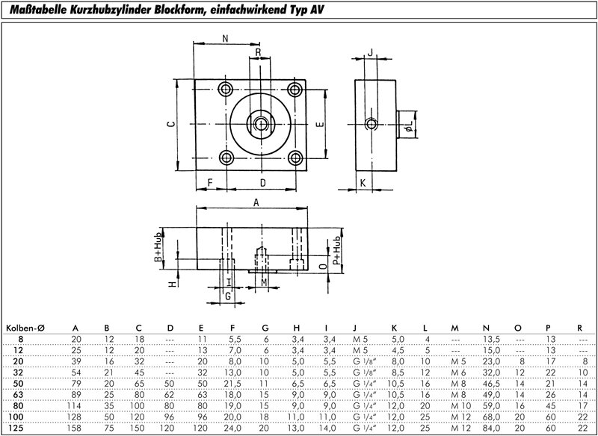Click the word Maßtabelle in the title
pos(37,9)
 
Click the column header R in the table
pos(580,327)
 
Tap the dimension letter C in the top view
pos(171,125)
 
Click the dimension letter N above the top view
pos(226,38)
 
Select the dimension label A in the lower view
pos(256,202)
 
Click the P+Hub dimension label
pos(337,252)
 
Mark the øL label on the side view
pos(407,132)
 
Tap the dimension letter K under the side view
pos(361,182)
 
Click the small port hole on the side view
pos(369,123)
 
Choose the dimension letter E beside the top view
pos(318,125)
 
